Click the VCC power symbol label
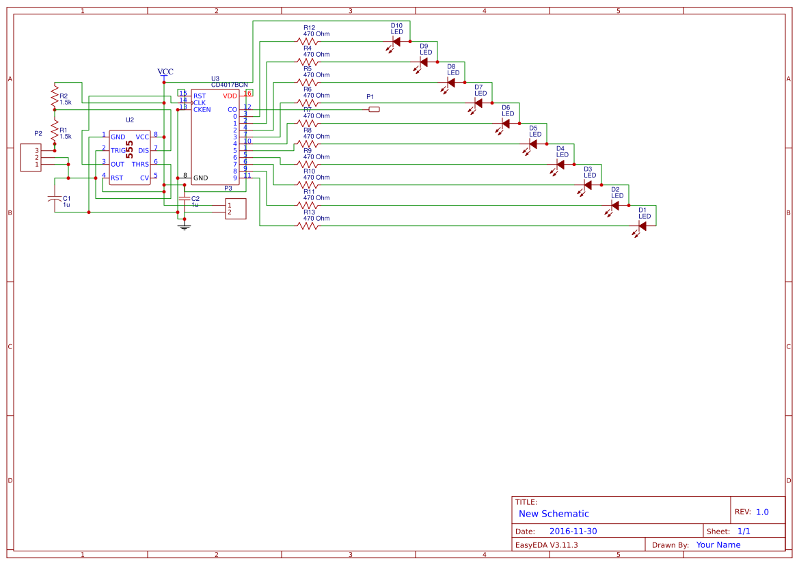coord(165,72)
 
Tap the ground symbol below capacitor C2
coord(184,226)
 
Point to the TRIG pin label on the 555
coord(118,150)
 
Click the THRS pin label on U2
coord(140,164)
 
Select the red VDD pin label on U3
coord(230,96)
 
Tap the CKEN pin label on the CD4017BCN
coord(202,109)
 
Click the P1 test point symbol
coord(373,109)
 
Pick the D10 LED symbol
coord(396,42)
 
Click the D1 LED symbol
coord(642,226)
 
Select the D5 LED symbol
coord(533,144)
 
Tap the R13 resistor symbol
coord(308,226)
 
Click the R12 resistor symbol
coord(308,41)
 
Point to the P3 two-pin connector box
coord(236,208)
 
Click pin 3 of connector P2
coord(37,150)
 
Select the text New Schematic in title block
coord(554,514)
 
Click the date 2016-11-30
coord(573,532)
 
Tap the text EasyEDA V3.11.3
coord(546,545)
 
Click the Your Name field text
coord(718,545)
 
